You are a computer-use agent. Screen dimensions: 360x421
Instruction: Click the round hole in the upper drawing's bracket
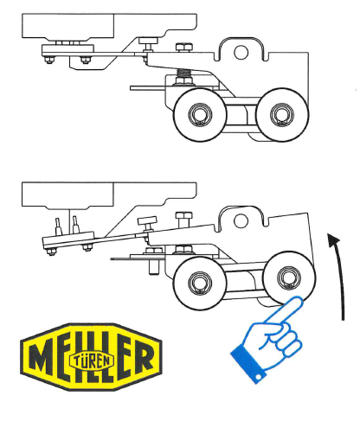pos(241,53)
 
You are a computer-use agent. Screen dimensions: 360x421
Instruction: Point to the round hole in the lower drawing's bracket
pos(241,220)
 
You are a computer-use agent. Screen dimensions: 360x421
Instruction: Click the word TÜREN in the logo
pos(92,360)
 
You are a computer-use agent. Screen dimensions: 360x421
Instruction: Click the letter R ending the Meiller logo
pos(143,357)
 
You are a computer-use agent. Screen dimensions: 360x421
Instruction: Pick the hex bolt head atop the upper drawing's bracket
pos(183,48)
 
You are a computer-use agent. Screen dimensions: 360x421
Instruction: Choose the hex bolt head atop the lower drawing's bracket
pos(183,215)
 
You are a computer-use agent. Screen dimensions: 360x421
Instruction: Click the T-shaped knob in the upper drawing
pos(149,43)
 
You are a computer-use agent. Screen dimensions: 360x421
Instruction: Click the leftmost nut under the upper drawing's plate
pos(49,60)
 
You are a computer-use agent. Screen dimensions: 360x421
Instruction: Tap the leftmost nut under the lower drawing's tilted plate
pos(51,252)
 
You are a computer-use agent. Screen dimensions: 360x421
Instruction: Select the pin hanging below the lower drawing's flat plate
pos(154,267)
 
